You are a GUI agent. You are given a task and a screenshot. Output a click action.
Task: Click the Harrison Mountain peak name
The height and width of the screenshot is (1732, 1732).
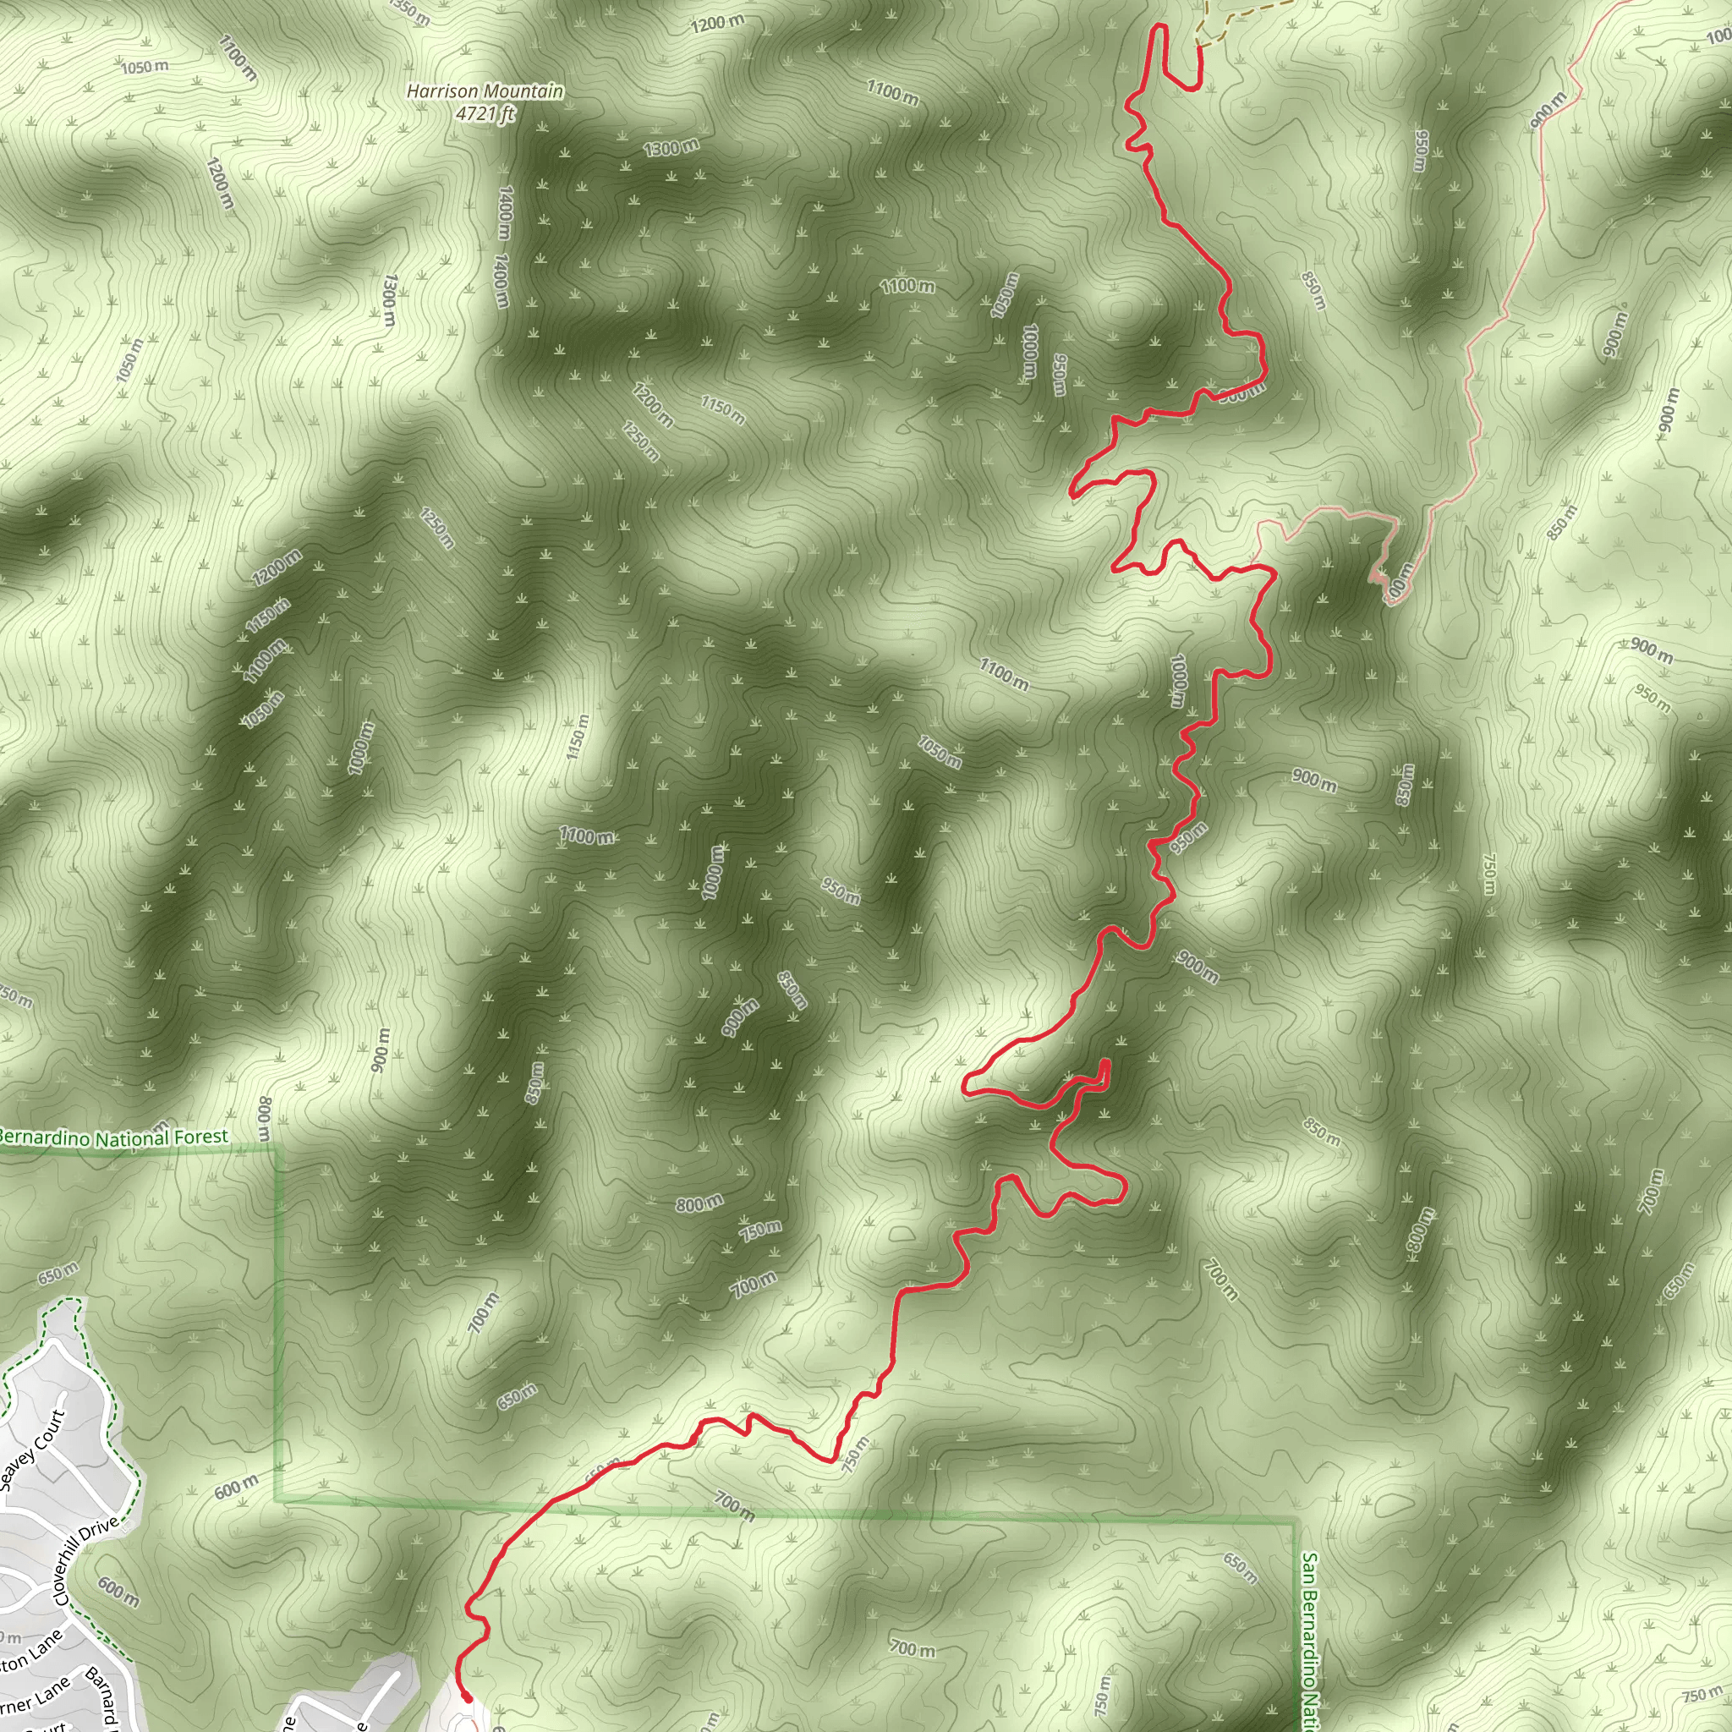485,91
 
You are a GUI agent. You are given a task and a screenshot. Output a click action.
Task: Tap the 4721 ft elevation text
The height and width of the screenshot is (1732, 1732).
485,114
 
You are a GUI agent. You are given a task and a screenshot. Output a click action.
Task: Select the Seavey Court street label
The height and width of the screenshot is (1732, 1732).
33,1450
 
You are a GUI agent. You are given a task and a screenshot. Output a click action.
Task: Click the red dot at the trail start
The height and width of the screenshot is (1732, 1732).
467,1697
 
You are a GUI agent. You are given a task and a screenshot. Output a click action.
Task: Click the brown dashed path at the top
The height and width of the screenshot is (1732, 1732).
1246,18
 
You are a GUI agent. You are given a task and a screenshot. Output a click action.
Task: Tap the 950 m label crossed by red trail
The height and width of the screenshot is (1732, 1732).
1188,837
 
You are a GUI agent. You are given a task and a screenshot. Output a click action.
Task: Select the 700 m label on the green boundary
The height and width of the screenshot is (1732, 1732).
734,1505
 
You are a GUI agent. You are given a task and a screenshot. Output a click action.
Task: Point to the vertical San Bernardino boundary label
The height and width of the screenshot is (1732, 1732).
1311,1641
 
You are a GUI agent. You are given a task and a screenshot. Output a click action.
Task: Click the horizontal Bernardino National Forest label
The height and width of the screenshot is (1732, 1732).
114,1138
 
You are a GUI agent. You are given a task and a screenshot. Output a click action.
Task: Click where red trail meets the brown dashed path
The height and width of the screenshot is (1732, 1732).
1198,45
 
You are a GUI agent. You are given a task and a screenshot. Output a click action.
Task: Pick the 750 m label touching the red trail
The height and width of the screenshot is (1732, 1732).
855,1454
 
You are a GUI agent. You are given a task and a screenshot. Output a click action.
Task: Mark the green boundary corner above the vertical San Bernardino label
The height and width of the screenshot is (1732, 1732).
1295,1519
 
